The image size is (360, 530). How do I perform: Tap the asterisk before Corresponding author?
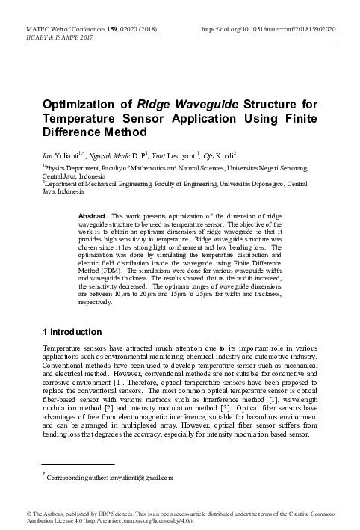(44, 473)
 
